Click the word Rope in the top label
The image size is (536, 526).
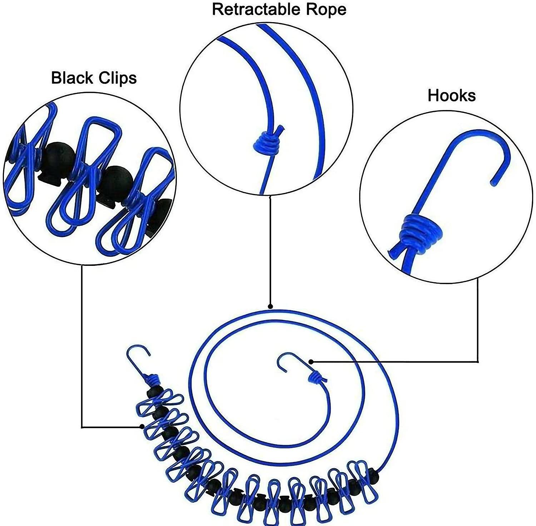[x=326, y=9]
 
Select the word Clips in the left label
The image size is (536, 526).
[x=118, y=78]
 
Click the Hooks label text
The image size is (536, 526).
[x=452, y=95]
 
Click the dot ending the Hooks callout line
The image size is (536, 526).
[x=311, y=362]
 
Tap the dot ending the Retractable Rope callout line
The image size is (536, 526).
[x=271, y=306]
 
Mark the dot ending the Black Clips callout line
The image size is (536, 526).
[x=142, y=426]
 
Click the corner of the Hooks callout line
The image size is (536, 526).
[x=478, y=362]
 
